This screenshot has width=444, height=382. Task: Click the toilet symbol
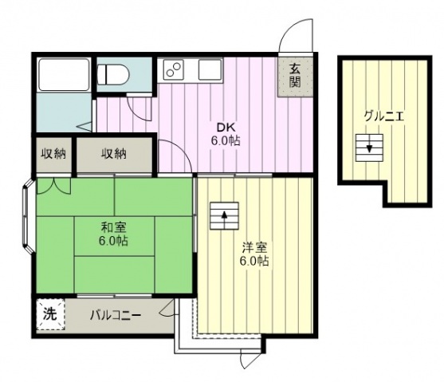coord(113,74)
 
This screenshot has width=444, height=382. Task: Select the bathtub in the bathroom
coord(64,74)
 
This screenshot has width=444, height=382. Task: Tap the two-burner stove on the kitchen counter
coord(173,69)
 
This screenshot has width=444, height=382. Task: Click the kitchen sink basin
coord(210,69)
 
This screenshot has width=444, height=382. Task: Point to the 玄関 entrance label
coord(295,76)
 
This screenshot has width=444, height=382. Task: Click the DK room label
coord(226,128)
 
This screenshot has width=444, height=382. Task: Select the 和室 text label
coord(113,227)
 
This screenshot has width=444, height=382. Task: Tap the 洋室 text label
coord(254,247)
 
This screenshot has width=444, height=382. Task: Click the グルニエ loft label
coord(383,116)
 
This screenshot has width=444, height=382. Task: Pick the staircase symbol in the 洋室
coord(224,215)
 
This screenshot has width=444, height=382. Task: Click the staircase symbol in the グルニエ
coord(369,148)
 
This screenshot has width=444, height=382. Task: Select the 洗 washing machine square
coord(51,314)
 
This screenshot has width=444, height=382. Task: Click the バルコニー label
coord(116,315)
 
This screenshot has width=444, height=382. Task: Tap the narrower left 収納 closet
coord(53,155)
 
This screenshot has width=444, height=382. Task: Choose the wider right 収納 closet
coord(115,155)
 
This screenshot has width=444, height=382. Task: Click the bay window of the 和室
coord(27,217)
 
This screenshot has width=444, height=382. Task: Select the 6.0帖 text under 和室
coord(113,241)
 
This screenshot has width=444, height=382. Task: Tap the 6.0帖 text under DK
coord(226,140)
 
